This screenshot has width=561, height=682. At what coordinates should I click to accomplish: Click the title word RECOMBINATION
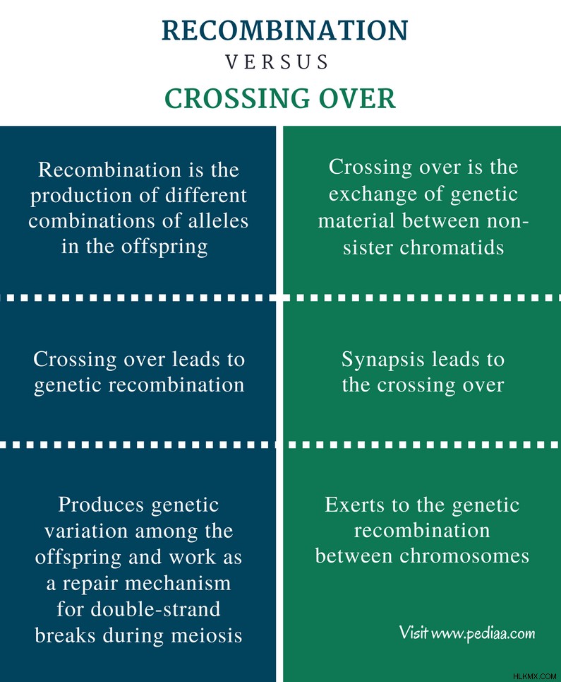click(x=285, y=30)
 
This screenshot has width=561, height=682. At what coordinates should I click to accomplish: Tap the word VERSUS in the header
click(x=277, y=61)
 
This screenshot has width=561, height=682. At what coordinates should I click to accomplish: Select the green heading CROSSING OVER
click(x=280, y=98)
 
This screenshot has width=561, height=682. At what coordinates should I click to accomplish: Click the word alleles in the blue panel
click(x=218, y=221)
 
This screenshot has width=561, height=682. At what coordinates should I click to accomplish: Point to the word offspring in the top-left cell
click(x=164, y=247)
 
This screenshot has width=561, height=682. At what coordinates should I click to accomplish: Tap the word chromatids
click(x=452, y=247)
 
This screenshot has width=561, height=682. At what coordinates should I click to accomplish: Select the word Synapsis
click(x=382, y=360)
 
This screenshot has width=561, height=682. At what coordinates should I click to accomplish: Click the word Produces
click(x=101, y=505)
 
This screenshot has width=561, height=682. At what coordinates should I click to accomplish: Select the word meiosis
click(x=207, y=635)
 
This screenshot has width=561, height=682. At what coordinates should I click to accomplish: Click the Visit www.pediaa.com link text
click(x=467, y=633)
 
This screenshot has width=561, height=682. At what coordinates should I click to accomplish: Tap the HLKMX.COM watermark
click(x=534, y=676)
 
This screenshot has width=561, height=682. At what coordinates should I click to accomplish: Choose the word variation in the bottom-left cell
click(x=86, y=531)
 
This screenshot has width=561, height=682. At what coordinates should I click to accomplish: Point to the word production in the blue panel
click(x=81, y=196)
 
